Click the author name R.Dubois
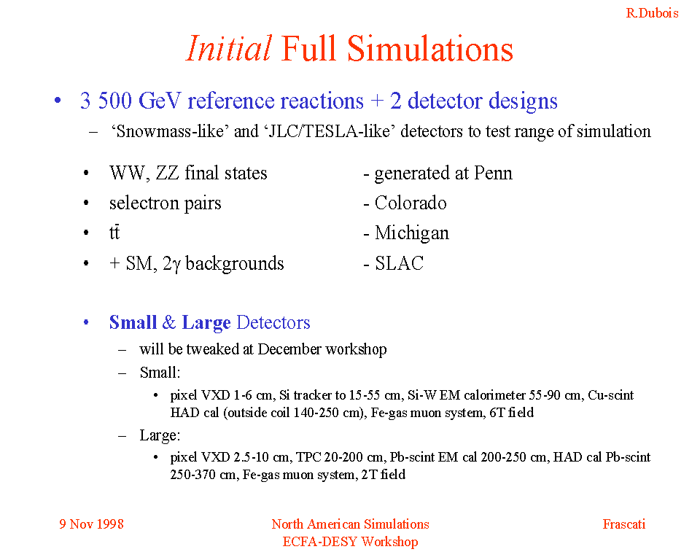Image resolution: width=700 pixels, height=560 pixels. click(x=652, y=13)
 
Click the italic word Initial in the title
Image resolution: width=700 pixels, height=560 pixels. click(x=228, y=48)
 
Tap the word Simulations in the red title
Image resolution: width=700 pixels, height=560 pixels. click(x=430, y=48)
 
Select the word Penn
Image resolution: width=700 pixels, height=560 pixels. click(x=494, y=174)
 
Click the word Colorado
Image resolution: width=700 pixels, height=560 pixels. click(x=411, y=203)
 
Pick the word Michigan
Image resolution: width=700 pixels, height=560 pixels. click(x=411, y=233)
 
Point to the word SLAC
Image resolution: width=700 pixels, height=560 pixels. click(x=399, y=263)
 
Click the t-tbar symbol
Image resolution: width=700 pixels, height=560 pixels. click(x=114, y=233)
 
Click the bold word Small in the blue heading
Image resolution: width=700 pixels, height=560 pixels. click(x=133, y=322)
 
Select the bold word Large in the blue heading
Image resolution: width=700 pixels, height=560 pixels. click(x=206, y=323)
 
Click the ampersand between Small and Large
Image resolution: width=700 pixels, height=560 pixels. click(x=169, y=322)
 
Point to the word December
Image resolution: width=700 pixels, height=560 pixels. click(x=289, y=349)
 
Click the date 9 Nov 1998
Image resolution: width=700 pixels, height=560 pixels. click(x=92, y=524)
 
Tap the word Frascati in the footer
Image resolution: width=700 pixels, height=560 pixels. click(x=624, y=524)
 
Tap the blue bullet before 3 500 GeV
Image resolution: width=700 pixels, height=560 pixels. click(x=58, y=101)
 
